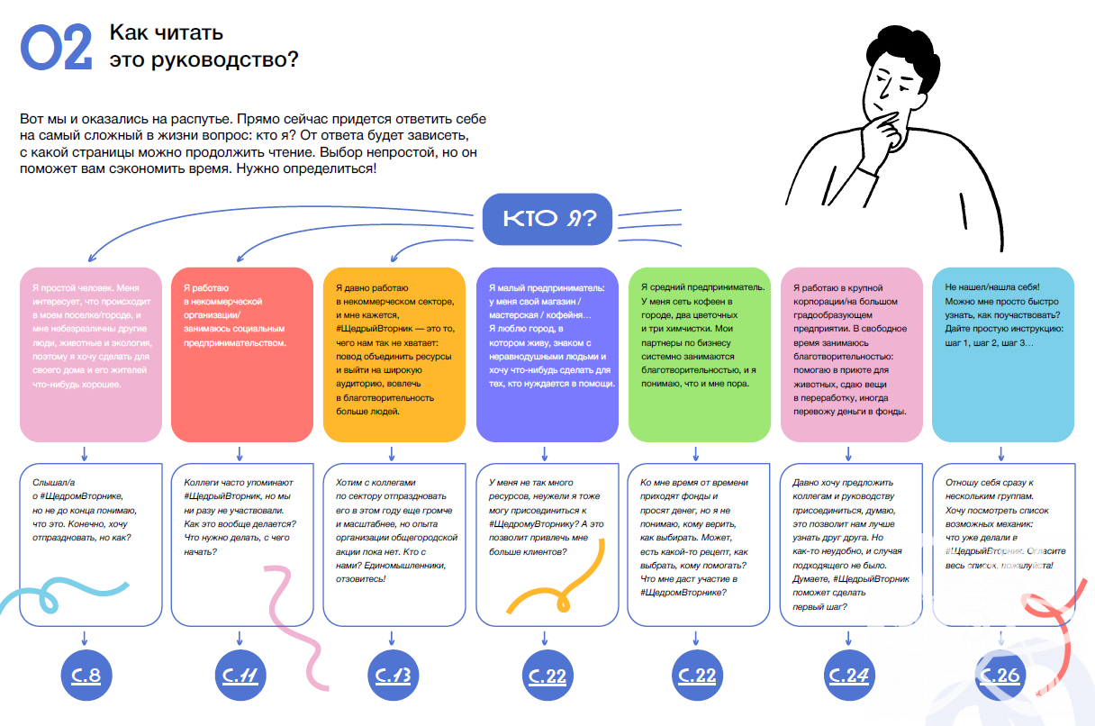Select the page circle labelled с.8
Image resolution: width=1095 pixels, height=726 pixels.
[x=84, y=674]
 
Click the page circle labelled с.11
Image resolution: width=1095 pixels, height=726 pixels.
[x=239, y=674]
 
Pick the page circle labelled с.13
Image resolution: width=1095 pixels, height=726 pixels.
[x=393, y=674]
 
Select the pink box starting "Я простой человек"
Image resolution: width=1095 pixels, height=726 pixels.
[x=90, y=354]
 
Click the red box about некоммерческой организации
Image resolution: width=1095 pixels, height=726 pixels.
[x=241, y=354]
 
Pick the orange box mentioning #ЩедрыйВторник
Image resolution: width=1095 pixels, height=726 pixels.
[x=394, y=354]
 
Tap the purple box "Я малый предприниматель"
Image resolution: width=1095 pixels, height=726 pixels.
[x=547, y=354]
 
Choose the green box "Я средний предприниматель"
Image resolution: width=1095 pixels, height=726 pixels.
[x=699, y=354]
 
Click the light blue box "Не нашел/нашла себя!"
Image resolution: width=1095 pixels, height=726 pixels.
[x=1003, y=354]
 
